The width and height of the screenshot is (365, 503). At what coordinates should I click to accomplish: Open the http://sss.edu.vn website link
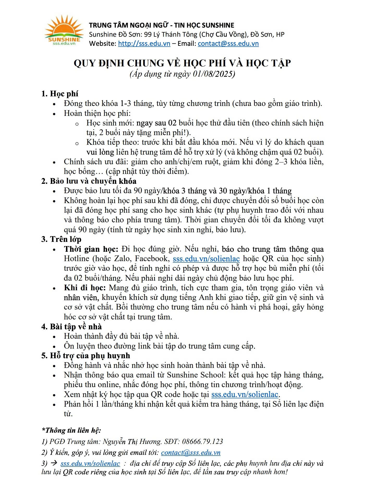pyautogui.click(x=144, y=43)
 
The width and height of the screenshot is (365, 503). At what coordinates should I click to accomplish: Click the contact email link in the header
pyautogui.click(x=228, y=43)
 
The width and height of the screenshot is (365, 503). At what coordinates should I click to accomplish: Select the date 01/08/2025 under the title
pyautogui.click(x=214, y=74)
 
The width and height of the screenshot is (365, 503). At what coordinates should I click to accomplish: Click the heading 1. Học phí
pyautogui.click(x=60, y=94)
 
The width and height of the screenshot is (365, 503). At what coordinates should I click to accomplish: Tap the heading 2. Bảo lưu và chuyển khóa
pyautogui.click(x=89, y=181)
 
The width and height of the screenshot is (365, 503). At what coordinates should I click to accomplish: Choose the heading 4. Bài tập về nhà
pyautogui.click(x=71, y=327)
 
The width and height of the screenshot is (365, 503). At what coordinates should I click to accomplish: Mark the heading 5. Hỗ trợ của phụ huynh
pyautogui.click(x=86, y=356)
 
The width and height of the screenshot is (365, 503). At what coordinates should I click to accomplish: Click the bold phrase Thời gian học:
pyautogui.click(x=91, y=249)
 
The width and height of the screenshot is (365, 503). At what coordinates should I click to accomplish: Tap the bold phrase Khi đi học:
pyautogui.click(x=85, y=288)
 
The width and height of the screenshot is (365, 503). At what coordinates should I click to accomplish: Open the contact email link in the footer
pyautogui.click(x=191, y=453)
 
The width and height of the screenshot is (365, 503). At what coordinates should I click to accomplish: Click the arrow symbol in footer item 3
pyautogui.click(x=54, y=463)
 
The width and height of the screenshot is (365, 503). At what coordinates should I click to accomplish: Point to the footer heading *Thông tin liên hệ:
pyautogui.click(x=71, y=430)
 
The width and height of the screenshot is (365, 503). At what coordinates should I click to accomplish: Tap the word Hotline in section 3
pyautogui.click(x=77, y=259)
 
